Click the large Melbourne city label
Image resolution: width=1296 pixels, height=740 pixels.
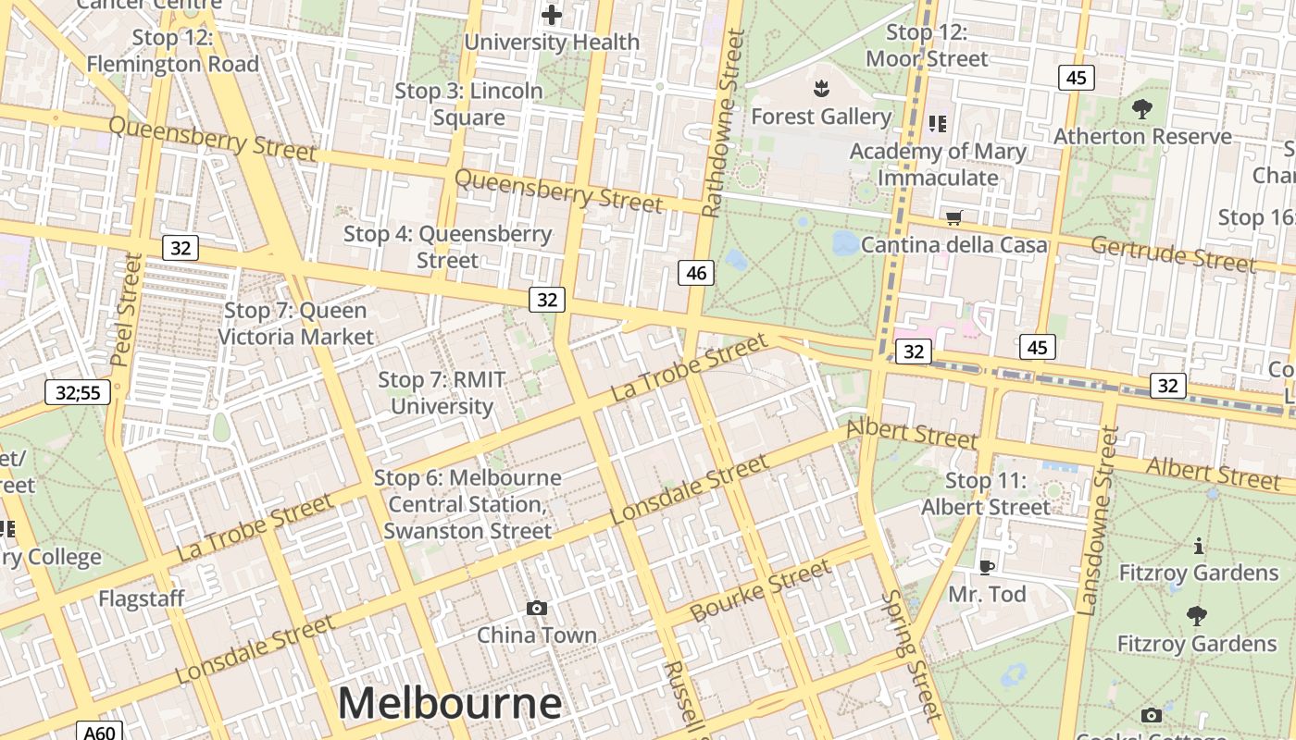click(449, 703)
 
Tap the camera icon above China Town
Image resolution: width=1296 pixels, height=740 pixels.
click(537, 608)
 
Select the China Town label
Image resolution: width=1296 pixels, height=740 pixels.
click(537, 635)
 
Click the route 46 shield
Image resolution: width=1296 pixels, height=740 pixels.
click(696, 272)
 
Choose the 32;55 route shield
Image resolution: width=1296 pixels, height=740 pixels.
click(78, 392)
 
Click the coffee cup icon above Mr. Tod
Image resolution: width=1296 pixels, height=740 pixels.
click(987, 566)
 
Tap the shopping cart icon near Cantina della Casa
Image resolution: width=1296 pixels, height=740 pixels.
click(953, 218)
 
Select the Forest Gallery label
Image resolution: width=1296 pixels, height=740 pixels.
click(821, 117)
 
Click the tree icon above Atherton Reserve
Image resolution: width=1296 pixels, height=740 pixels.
click(1142, 109)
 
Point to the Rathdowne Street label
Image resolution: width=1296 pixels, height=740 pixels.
click(723, 123)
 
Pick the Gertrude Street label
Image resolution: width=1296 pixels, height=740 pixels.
click(1173, 254)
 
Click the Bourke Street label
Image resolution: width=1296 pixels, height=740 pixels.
click(761, 592)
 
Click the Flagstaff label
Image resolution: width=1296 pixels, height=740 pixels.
click(142, 598)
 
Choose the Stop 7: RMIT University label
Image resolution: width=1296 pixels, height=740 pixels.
click(441, 392)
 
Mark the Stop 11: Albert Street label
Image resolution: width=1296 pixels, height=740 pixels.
click(986, 494)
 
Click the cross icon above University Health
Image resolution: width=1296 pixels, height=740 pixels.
click(552, 15)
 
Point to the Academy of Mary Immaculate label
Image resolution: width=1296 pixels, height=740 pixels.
click(938, 164)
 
